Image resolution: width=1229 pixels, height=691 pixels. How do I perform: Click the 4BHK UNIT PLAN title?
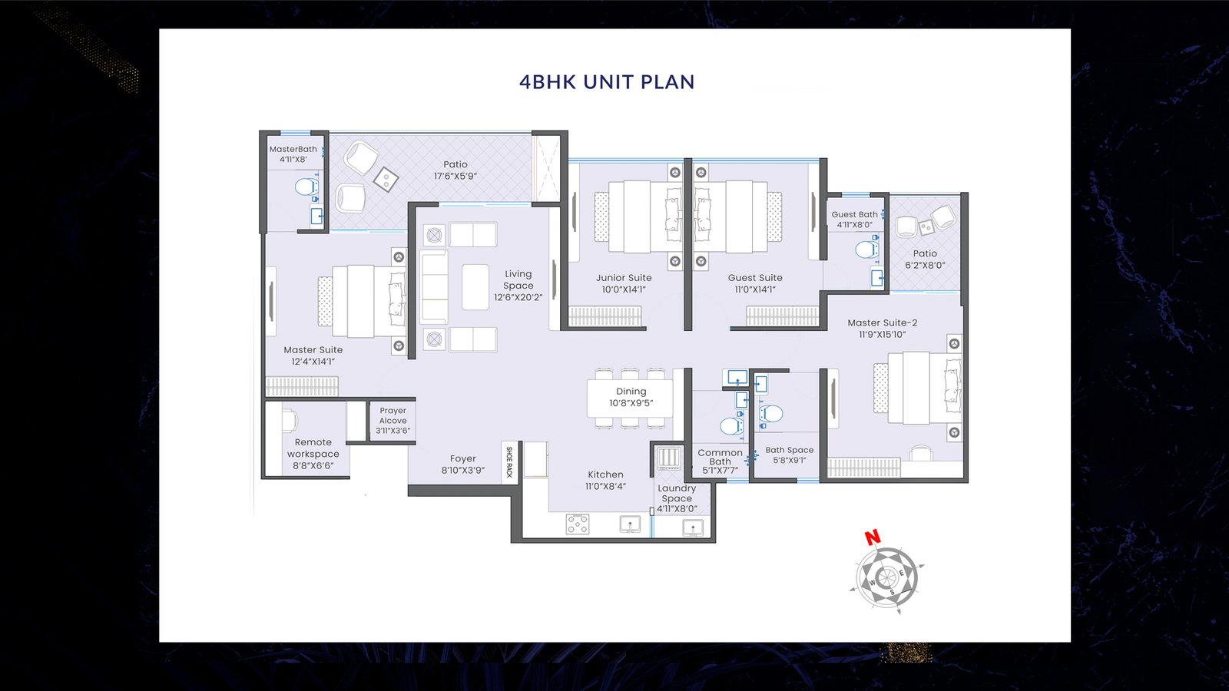[607, 81]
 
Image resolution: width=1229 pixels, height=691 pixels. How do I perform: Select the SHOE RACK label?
[509, 461]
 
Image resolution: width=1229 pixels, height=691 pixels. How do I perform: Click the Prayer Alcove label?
[393, 415]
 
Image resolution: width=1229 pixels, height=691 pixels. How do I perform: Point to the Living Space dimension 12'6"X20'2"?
[518, 297]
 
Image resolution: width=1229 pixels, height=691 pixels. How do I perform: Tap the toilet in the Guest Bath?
[867, 249]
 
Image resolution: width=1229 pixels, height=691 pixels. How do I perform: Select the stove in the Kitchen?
[578, 524]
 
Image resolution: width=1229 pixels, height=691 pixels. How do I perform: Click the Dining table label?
[631, 391]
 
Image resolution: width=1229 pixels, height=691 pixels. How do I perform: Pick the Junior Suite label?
[624, 277]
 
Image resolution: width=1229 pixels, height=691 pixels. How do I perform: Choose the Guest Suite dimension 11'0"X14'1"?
[755, 289]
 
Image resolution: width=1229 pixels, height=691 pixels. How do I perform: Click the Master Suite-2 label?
[883, 322]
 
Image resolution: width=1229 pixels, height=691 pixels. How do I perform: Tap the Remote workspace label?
[313, 448]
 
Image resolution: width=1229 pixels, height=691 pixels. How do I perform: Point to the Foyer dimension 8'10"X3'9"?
[463, 470]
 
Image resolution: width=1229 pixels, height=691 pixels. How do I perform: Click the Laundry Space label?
[677, 493]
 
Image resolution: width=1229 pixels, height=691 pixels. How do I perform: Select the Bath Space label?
[790, 450]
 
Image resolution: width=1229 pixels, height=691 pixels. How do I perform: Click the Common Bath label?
[720, 457]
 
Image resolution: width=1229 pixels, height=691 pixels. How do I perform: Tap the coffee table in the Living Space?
[475, 287]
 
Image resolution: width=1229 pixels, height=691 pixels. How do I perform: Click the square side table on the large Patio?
[386, 179]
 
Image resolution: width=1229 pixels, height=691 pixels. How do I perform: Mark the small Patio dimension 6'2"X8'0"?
[925, 266]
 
